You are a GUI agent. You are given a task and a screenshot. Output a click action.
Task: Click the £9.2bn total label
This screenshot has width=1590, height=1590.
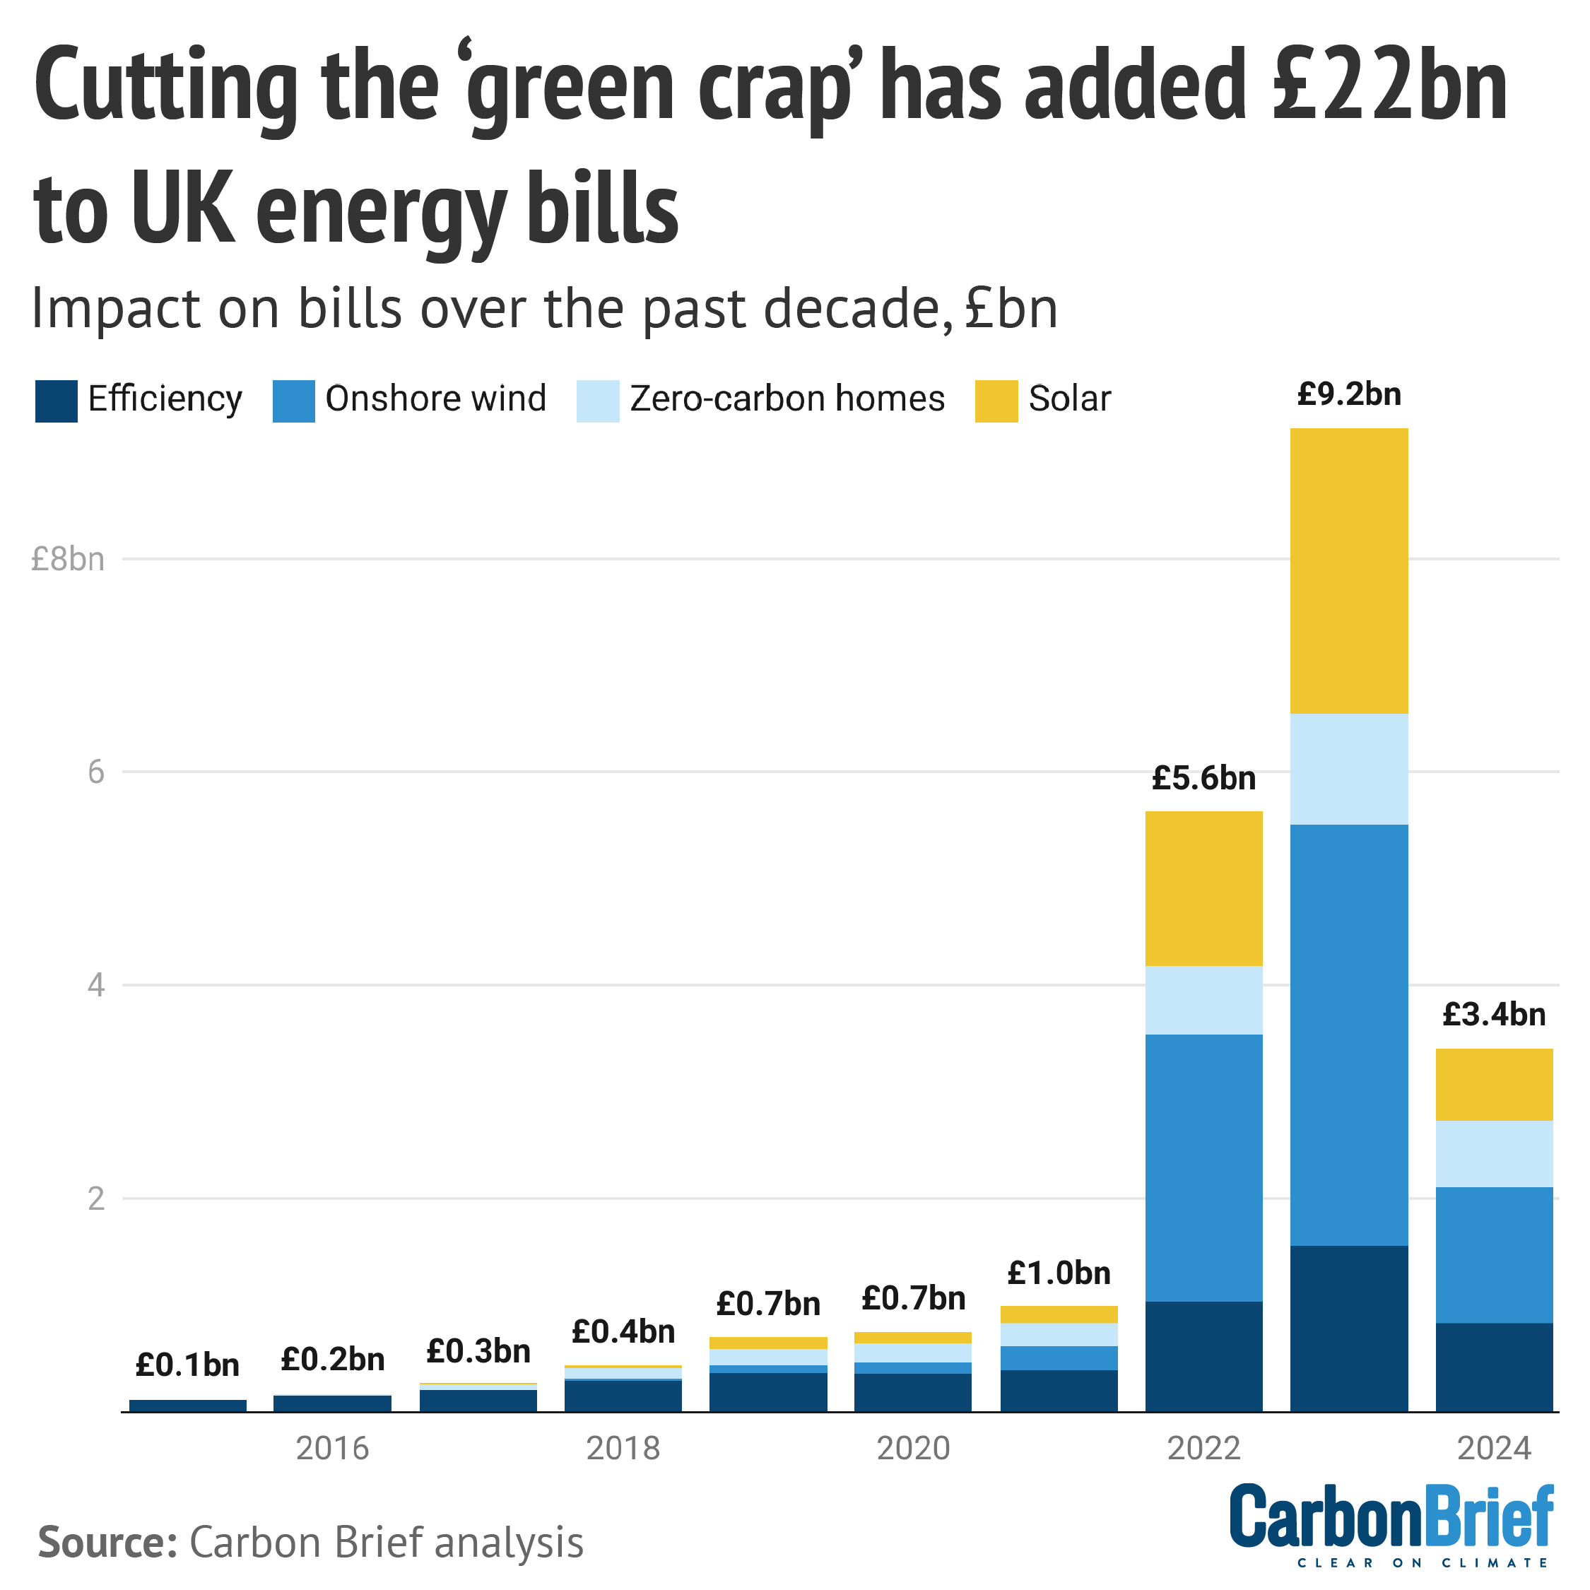point(1349,395)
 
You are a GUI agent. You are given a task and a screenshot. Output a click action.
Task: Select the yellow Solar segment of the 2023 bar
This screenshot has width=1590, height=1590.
point(1349,570)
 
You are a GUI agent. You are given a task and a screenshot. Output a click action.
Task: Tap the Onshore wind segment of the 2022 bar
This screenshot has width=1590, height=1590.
point(1204,1168)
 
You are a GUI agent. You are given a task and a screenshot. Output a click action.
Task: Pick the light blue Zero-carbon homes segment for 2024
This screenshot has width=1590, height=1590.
point(1494,1154)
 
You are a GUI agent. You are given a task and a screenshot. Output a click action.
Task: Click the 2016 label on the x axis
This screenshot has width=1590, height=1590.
point(332,1449)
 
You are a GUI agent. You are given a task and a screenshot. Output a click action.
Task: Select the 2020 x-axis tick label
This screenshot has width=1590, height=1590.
point(914,1449)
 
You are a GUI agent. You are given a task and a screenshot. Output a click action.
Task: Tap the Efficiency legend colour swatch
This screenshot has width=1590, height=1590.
point(56,401)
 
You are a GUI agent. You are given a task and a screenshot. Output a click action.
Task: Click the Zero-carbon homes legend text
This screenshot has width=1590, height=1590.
point(787,399)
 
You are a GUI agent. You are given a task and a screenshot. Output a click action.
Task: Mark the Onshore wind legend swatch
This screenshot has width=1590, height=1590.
point(294,401)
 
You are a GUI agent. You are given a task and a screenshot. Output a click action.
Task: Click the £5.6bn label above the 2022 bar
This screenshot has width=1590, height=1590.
point(1204,779)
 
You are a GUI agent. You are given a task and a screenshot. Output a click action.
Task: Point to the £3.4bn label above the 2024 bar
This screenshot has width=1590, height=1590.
point(1494,1015)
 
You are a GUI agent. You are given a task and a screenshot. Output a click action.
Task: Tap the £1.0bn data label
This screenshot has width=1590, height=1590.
point(1059,1274)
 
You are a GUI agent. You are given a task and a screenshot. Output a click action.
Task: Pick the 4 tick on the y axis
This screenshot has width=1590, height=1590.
point(96,985)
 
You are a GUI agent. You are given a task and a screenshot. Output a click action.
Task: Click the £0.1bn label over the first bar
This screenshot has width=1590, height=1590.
point(188,1366)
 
